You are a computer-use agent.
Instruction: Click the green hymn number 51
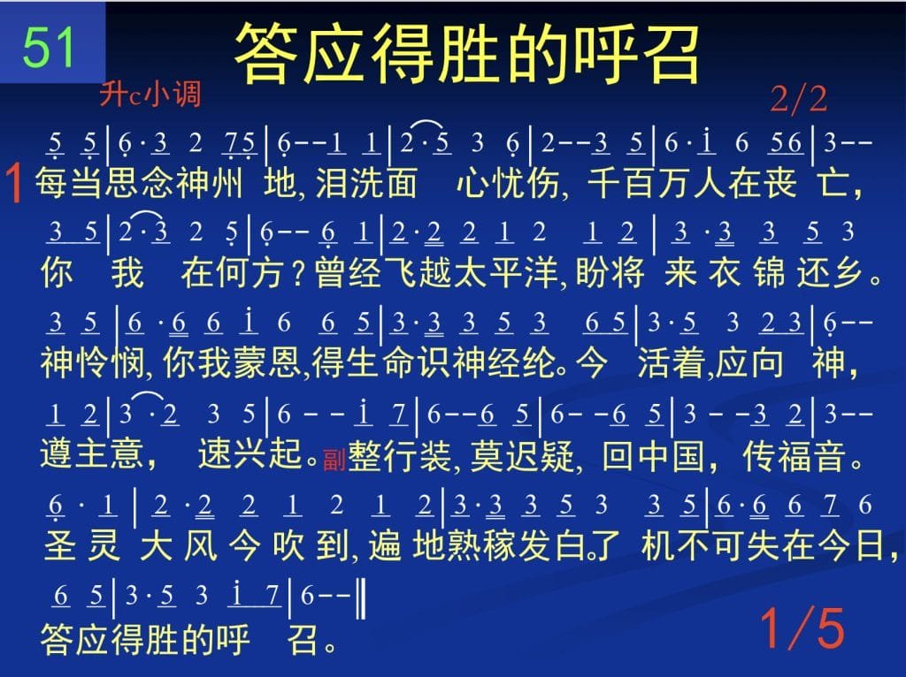point(50,48)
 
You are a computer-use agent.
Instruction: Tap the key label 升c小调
point(150,94)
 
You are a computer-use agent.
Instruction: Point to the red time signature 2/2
point(799,99)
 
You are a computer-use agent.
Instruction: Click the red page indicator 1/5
point(802,628)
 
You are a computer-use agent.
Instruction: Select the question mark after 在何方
point(298,273)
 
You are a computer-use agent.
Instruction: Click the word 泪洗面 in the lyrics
point(366,183)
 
